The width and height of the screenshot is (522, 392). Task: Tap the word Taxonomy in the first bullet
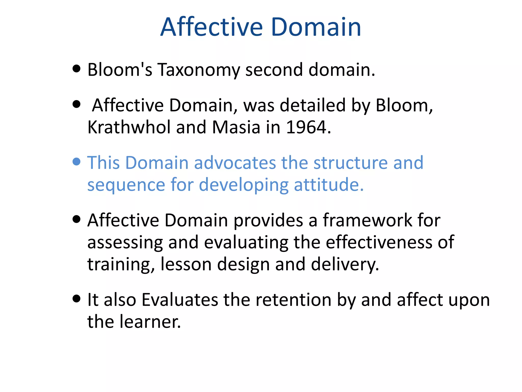click(199, 70)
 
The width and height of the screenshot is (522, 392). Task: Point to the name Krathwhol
click(129, 127)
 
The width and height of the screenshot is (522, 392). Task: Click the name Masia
click(236, 127)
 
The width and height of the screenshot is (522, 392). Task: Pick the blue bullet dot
click(76, 162)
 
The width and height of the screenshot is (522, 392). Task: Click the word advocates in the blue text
click(235, 163)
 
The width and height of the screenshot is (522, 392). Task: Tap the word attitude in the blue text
click(329, 185)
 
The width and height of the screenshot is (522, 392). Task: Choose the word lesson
click(186, 264)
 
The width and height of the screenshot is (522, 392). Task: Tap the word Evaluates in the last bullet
click(180, 300)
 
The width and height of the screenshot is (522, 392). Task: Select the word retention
click(293, 300)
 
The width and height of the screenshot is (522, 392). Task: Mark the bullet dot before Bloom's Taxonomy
click(76, 68)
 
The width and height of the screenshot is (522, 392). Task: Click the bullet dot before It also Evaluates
click(76, 298)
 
